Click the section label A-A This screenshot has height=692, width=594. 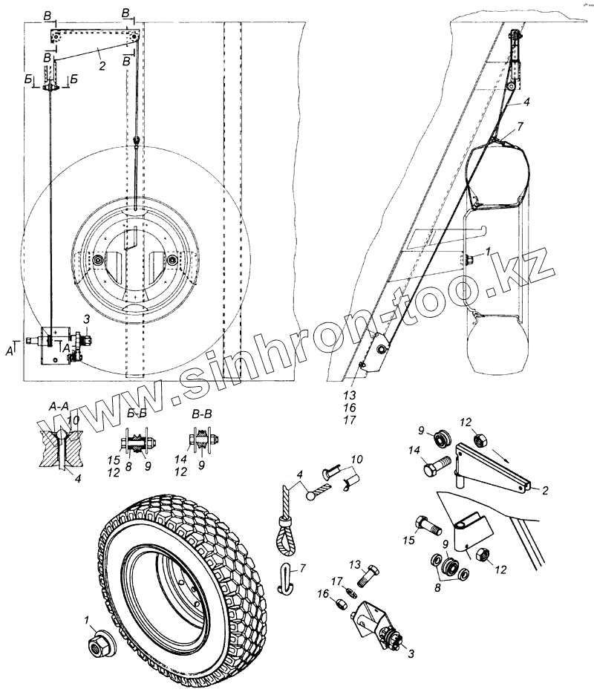click(x=59, y=407)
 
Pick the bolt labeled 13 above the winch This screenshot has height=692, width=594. click(x=369, y=576)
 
